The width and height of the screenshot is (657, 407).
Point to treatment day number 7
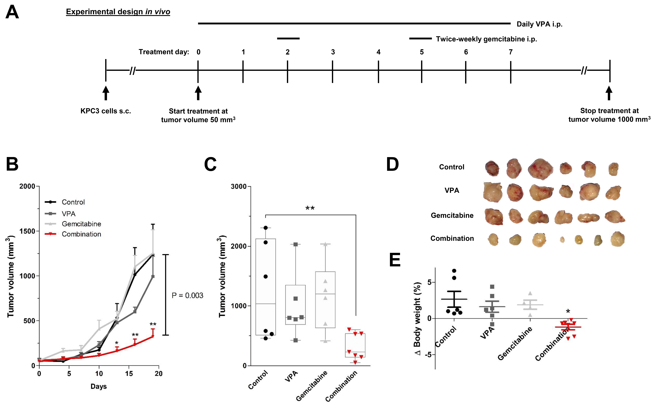coord(510,52)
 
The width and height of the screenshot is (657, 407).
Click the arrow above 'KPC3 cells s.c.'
coord(106,93)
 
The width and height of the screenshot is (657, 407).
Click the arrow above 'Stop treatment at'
coord(609,93)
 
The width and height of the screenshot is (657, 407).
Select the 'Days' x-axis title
coord(99,387)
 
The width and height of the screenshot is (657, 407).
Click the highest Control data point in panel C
coord(265,228)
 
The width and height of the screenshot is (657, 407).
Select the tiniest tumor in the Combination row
coord(562,240)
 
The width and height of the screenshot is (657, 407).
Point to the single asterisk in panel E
coord(568,311)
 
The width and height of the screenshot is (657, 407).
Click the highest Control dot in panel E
coord(454,271)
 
